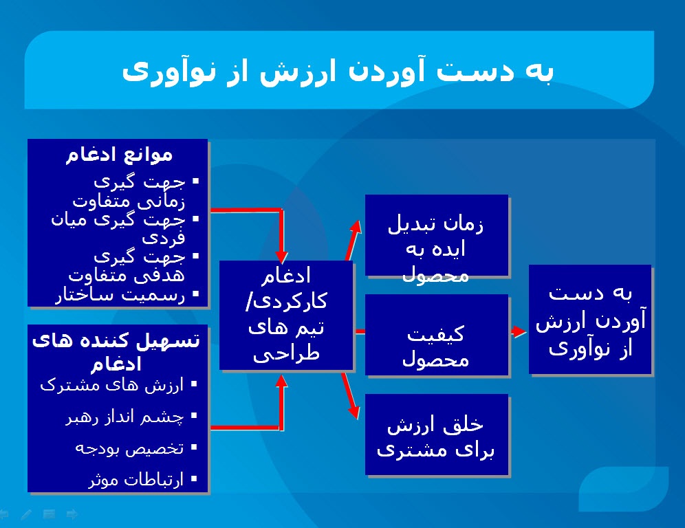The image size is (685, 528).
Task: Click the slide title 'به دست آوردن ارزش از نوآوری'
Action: pos(338,71)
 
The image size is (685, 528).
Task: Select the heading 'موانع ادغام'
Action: pos(119,154)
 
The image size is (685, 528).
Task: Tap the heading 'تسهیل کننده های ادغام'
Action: pos(116,349)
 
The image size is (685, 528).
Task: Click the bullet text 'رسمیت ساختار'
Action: pos(120,296)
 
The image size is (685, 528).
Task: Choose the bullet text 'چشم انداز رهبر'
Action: pos(124,417)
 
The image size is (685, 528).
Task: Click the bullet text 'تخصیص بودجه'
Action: pos(129,448)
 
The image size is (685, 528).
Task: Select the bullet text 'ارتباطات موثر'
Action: pos(136,480)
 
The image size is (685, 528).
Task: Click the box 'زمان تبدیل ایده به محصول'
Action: pos(436,236)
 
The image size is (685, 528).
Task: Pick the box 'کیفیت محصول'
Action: pos(436,335)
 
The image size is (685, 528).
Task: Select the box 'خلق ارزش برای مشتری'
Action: pos(436,435)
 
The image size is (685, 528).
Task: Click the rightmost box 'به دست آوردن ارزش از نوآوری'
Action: pos(590,319)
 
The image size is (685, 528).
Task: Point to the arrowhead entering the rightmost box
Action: pos(520,331)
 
